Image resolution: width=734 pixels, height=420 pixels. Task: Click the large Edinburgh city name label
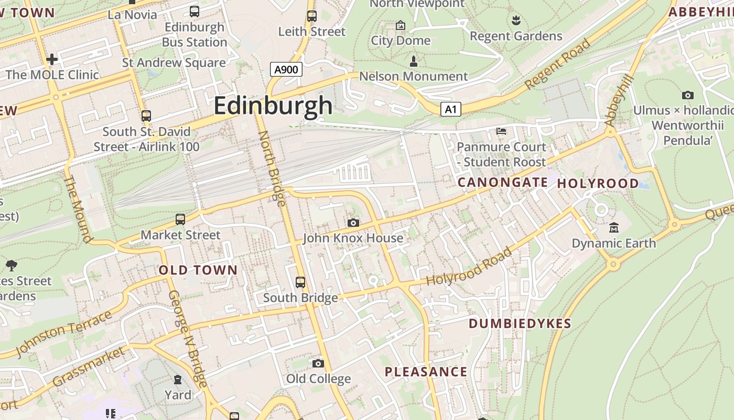click(273, 106)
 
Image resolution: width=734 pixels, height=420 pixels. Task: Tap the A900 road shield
click(286, 69)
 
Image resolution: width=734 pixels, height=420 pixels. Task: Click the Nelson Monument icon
click(413, 61)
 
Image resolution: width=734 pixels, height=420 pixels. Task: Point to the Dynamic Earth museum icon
click(614, 228)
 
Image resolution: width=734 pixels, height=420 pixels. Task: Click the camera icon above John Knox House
click(353, 223)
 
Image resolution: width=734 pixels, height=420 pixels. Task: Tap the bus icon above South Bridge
click(300, 282)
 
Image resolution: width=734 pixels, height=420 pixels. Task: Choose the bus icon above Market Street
click(180, 219)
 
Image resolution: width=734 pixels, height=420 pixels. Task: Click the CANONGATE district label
click(502, 183)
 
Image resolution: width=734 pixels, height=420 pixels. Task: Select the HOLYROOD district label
click(598, 184)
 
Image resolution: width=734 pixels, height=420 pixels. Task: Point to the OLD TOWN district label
click(198, 270)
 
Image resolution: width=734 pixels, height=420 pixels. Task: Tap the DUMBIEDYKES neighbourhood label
click(520, 323)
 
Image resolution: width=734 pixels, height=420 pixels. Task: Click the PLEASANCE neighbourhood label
click(426, 372)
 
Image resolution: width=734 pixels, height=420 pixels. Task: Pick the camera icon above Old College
click(318, 363)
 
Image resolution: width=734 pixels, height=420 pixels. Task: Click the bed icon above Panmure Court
click(502, 131)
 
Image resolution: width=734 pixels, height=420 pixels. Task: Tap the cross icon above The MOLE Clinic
click(52, 59)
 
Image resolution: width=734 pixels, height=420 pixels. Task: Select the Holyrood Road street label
click(469, 267)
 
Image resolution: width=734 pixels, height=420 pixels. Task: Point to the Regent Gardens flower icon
click(516, 20)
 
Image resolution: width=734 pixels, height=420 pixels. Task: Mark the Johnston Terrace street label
click(64, 332)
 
